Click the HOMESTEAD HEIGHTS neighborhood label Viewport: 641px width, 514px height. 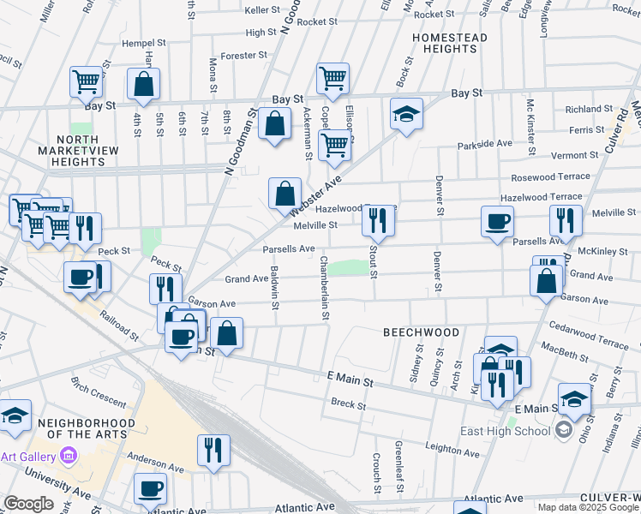[x=449, y=44]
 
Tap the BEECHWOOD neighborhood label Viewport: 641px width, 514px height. [x=421, y=332]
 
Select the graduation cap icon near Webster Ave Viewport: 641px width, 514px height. [x=406, y=113]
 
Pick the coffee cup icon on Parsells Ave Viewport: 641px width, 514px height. [x=497, y=223]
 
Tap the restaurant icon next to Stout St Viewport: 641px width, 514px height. [x=378, y=220]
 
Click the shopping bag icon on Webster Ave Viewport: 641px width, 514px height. [x=285, y=193]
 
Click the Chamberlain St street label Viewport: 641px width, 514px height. [x=325, y=288]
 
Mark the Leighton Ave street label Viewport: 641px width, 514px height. [x=455, y=447]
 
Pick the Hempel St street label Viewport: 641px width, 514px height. [x=143, y=42]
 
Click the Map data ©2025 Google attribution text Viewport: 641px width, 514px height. [x=588, y=507]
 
